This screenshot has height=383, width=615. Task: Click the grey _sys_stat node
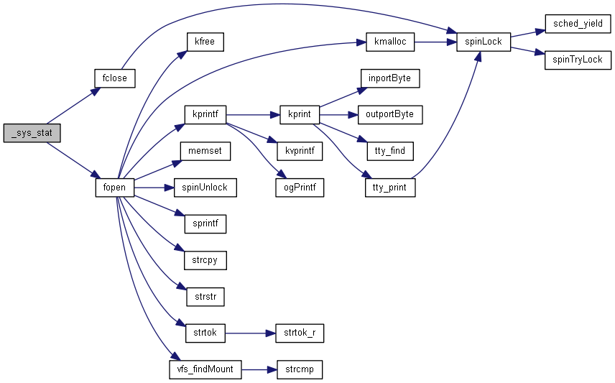click(x=32, y=132)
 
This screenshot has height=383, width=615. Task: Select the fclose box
click(x=115, y=78)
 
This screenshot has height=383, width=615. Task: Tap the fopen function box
click(x=114, y=188)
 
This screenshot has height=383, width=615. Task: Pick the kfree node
click(x=205, y=42)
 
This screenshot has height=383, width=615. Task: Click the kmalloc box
click(x=389, y=42)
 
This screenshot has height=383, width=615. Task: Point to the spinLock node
click(x=484, y=42)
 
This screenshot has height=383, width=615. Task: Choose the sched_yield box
click(x=577, y=24)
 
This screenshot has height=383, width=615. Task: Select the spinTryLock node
click(x=577, y=60)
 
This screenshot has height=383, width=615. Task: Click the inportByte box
click(x=389, y=78)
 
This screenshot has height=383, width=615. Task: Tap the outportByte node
click(x=389, y=114)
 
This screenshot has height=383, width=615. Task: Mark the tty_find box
click(x=389, y=151)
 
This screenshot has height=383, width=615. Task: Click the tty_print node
click(x=389, y=188)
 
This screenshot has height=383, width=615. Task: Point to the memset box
click(x=205, y=151)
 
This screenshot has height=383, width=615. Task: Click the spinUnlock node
click(x=205, y=188)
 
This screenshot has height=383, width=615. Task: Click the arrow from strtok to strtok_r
click(x=251, y=333)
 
